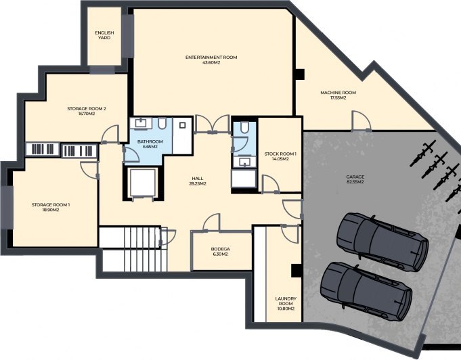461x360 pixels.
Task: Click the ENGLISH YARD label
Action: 104,35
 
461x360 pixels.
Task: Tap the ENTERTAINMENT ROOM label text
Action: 211,58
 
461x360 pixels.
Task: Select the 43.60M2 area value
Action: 211,62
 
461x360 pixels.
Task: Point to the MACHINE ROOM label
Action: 338,93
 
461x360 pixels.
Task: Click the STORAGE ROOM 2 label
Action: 87,109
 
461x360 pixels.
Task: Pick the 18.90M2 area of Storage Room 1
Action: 51,210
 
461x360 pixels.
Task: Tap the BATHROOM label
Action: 150,141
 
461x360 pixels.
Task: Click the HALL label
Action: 198,179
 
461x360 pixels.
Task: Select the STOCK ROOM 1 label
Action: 280,154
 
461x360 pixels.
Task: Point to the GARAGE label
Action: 355,177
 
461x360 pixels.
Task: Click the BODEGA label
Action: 220,249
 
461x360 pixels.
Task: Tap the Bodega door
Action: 211,223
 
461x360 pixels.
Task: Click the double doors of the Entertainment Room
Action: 212,124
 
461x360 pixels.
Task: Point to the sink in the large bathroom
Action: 141,123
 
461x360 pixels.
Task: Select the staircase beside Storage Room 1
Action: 133,248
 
